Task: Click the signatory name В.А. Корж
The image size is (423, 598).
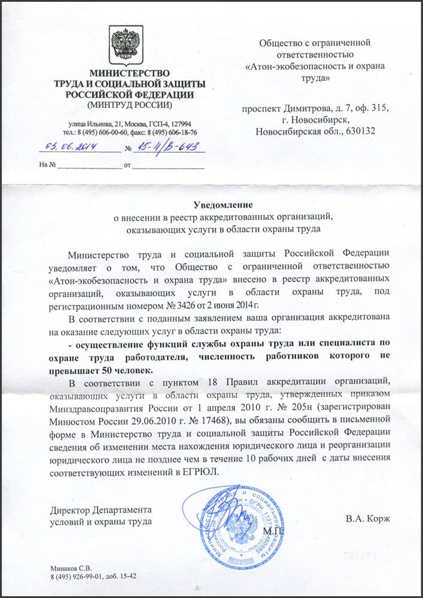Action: coord(367,518)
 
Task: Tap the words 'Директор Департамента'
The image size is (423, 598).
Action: coord(101,510)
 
